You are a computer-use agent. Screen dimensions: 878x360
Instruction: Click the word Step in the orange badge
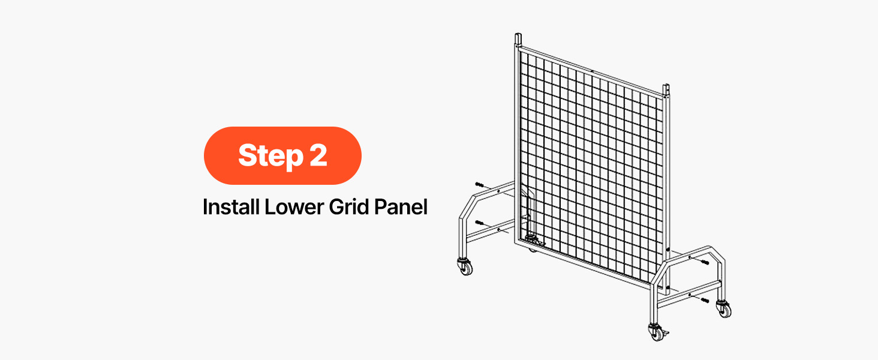click(x=271, y=156)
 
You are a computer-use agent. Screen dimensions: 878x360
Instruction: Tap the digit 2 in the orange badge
click(x=318, y=155)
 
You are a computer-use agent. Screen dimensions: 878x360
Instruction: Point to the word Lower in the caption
click(x=294, y=207)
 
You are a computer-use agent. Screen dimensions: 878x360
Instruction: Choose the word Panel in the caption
click(x=401, y=206)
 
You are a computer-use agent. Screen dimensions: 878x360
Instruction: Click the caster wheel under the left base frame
click(x=465, y=267)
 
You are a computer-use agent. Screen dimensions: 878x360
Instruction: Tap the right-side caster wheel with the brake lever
click(x=657, y=332)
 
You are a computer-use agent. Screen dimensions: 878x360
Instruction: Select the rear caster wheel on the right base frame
click(x=723, y=309)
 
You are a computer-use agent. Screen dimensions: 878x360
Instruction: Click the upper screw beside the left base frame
click(x=480, y=184)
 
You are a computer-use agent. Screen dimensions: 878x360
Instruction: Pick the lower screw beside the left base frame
click(x=480, y=223)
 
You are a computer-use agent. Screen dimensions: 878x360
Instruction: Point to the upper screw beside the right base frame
click(x=705, y=262)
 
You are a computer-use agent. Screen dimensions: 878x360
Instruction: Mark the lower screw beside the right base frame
click(x=705, y=301)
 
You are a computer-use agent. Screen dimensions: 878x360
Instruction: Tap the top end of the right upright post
click(x=666, y=86)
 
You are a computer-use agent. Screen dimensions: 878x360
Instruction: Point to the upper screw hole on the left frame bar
click(x=498, y=191)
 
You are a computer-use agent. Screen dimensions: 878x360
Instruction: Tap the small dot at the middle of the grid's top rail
click(x=593, y=71)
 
